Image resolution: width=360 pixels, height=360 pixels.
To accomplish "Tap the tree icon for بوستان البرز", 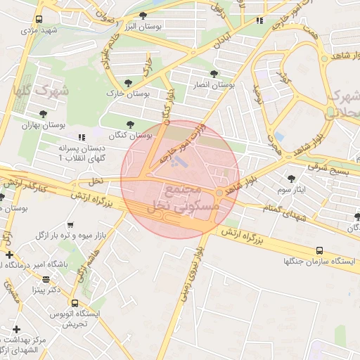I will (143, 15).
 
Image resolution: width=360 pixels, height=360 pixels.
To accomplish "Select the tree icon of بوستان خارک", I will (127, 82).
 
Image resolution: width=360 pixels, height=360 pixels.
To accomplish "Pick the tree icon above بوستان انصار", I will (214, 73).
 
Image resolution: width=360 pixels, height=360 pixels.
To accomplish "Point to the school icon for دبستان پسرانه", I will (82, 137).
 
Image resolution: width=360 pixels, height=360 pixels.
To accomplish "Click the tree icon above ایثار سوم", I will (292, 179).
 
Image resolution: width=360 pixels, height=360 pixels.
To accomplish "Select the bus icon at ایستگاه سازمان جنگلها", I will (320, 250).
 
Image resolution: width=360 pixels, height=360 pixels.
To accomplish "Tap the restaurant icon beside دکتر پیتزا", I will (46, 279).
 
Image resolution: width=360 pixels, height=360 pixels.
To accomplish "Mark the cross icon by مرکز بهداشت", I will (15, 329).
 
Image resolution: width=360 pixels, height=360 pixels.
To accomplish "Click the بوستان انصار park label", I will (214, 84).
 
